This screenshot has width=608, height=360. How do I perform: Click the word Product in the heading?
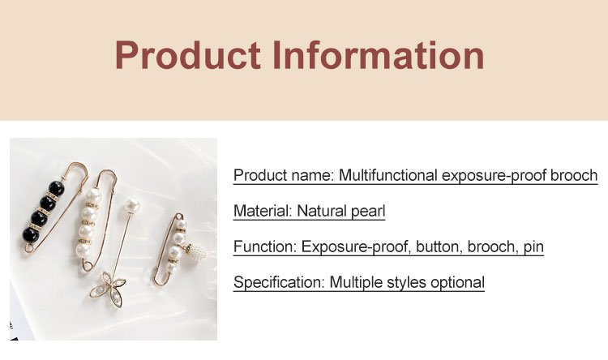(x=187, y=54)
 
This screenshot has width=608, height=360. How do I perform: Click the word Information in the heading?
(x=378, y=54)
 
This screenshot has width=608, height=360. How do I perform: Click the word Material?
(x=263, y=211)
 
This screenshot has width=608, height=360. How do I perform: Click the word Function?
(x=265, y=246)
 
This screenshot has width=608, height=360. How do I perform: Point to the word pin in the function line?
(x=533, y=247)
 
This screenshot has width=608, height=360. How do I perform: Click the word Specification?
(x=279, y=283)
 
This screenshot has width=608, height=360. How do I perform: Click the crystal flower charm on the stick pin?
(x=107, y=288)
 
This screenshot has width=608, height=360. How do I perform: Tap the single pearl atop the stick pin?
(x=132, y=206)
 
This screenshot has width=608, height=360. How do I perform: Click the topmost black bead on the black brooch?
(x=57, y=189)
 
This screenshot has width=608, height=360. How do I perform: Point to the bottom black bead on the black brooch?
(x=31, y=234)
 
